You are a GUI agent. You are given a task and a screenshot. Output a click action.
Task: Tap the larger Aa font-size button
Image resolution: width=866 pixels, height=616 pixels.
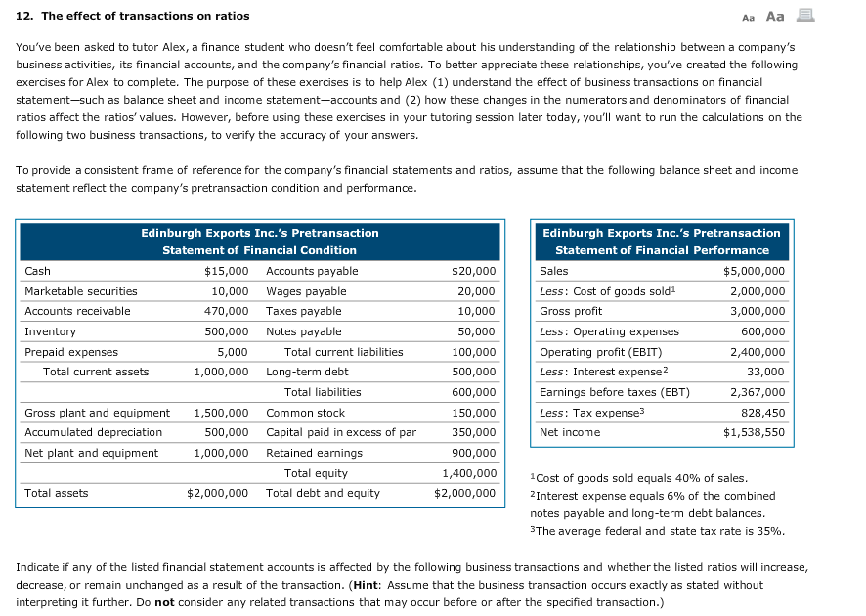[776, 16]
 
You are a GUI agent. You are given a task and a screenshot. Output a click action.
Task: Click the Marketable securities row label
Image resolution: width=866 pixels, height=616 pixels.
[81, 291]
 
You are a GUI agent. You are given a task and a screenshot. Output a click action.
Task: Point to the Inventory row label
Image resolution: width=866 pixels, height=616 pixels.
[50, 331]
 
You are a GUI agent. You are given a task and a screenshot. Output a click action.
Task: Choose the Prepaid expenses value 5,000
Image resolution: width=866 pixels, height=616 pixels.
[233, 352]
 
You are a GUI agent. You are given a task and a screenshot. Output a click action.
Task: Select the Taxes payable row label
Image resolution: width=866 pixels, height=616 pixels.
[304, 311]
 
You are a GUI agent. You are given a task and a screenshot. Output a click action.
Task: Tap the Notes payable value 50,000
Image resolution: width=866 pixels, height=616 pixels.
[477, 331]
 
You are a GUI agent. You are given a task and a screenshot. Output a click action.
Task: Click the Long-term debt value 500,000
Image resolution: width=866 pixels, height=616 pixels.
[474, 372]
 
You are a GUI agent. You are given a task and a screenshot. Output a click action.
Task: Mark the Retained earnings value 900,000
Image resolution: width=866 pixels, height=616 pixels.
[474, 453]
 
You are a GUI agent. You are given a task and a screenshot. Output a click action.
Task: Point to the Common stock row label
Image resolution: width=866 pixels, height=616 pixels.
[306, 413]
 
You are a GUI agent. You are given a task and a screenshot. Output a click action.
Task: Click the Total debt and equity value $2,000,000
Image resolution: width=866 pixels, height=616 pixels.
[465, 493]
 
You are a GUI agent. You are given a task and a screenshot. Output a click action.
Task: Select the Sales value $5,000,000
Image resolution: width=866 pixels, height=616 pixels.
[754, 271]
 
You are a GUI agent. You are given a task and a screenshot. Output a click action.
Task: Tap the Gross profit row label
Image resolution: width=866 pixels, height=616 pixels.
[571, 311]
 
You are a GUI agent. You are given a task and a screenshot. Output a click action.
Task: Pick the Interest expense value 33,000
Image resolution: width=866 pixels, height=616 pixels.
[765, 372]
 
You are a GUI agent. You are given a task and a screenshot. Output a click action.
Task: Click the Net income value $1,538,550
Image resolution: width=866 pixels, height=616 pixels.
[754, 432]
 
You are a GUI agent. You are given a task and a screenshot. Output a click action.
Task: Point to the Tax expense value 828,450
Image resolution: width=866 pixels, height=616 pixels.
[762, 412]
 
